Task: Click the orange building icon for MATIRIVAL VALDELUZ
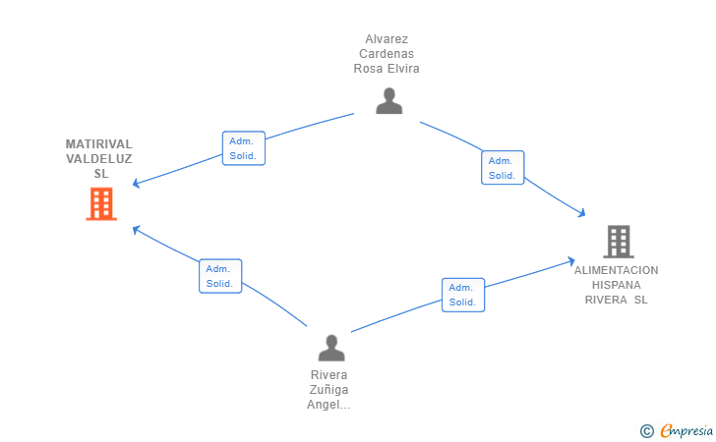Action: click(101, 204)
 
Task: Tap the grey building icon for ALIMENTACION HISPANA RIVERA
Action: click(619, 242)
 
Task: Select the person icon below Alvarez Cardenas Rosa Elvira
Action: click(389, 100)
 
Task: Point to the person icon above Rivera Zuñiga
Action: click(331, 348)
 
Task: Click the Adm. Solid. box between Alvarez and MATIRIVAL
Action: click(243, 148)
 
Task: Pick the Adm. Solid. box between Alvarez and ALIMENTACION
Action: click(503, 167)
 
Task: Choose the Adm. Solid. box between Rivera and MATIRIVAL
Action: click(220, 276)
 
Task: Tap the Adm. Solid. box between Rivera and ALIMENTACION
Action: click(463, 295)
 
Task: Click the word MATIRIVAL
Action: click(99, 144)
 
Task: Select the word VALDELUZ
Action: click(99, 159)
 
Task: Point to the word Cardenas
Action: click(387, 54)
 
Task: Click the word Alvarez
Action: click(387, 39)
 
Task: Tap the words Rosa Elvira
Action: click(387, 69)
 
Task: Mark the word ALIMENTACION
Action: click(616, 270)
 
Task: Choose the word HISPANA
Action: click(616, 285)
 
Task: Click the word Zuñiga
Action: click(328, 390)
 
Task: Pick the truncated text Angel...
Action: click(328, 405)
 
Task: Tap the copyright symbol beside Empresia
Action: click(646, 431)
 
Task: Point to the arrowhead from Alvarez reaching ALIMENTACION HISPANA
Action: click(581, 212)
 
